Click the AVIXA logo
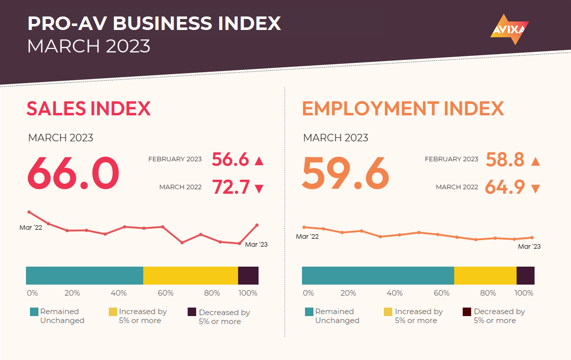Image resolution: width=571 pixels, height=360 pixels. tap(509, 29)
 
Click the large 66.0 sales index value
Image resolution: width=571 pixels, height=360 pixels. tap(73, 174)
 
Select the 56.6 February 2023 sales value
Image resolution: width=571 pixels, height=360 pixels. tap(230, 159)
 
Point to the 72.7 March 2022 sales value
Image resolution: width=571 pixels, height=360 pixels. tap(231, 187)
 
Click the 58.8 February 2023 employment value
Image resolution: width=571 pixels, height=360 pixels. tap(505, 159)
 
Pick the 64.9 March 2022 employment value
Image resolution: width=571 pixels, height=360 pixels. tap(505, 187)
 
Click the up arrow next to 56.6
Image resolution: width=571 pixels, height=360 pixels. tap(259, 161)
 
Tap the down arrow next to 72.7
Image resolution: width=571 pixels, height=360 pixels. tap(259, 189)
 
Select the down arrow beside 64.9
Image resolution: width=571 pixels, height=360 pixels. tap(535, 189)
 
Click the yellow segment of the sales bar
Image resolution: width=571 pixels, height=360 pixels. tap(190, 276)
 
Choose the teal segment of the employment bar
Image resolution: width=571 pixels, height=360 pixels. tap(378, 276)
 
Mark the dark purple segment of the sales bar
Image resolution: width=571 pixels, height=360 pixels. tap(248, 276)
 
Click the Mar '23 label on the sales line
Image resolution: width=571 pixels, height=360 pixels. tap(256, 244)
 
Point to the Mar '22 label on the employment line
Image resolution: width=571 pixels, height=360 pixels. tap(307, 236)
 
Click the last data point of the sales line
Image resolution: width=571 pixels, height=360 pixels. tap(257, 225)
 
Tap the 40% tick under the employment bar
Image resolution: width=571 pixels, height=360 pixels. tap(395, 293)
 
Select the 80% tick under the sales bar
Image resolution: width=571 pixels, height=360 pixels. tap(212, 293)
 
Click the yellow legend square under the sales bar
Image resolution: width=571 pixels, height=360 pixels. tap(113, 312)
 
